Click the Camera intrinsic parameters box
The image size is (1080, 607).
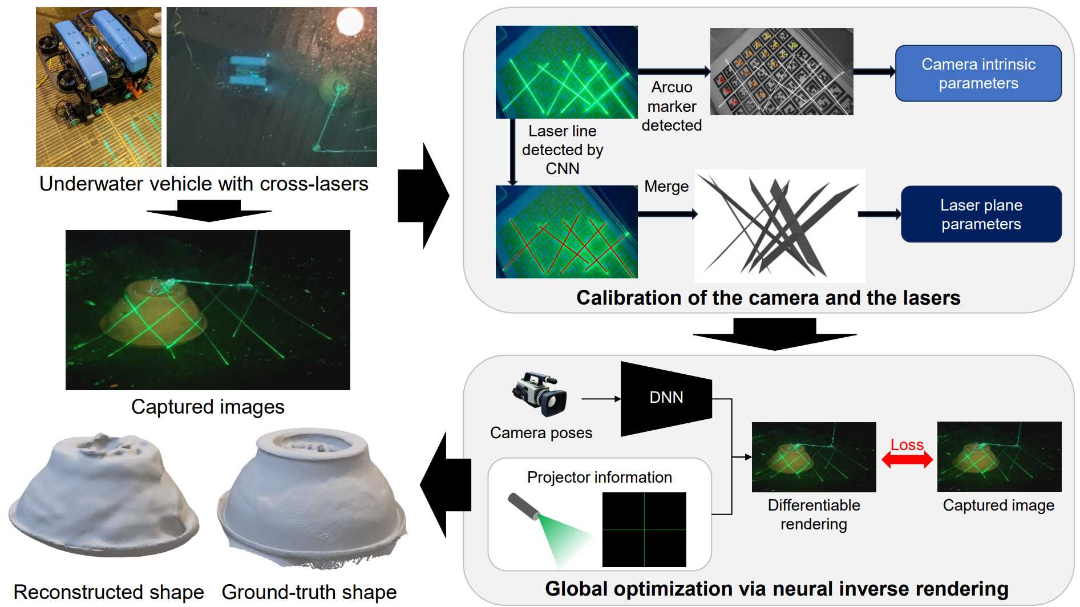tap(978, 74)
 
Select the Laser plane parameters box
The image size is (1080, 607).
tap(981, 215)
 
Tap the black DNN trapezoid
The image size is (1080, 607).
tap(666, 398)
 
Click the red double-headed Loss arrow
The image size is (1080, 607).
tap(907, 459)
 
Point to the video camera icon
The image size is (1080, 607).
tap(539, 393)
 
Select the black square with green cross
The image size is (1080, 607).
tap(644, 529)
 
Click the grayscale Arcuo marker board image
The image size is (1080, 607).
tap(781, 72)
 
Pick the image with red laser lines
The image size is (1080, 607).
tap(566, 232)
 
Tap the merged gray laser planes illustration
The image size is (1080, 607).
tap(779, 226)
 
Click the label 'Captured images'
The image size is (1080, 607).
tap(208, 407)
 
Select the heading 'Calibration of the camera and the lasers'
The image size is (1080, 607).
tap(768, 298)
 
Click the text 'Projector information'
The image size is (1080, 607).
tap(599, 477)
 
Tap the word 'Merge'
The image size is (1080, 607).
tap(666, 187)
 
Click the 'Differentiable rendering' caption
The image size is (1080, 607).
tap(814, 514)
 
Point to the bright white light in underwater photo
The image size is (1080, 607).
tap(349, 21)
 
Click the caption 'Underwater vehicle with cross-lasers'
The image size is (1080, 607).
tap(204, 184)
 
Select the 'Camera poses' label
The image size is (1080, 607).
tap(541, 433)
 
